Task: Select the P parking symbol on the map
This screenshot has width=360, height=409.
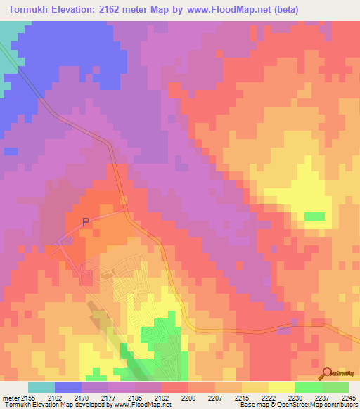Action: [86, 222]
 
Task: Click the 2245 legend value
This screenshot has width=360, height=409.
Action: [348, 398]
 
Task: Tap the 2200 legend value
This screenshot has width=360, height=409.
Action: [189, 398]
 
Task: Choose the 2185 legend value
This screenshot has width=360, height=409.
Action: [136, 398]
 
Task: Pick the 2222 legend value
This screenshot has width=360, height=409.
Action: [268, 398]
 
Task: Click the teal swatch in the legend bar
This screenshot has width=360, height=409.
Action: [41, 387]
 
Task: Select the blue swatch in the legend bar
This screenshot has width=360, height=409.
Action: [68, 387]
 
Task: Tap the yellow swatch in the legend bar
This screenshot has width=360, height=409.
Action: [281, 387]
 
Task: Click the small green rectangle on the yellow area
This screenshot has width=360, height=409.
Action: [315, 216]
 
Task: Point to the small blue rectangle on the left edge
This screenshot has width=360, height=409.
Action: [11, 150]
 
